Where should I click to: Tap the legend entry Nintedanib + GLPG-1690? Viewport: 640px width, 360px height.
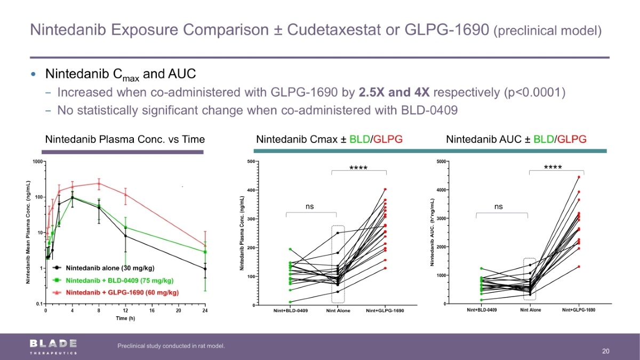coord(122,292)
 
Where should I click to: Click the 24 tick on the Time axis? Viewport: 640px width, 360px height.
coord(205,310)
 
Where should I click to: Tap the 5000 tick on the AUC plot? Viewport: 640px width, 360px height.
coord(441,162)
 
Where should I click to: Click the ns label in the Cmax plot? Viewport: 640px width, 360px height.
coord(309,206)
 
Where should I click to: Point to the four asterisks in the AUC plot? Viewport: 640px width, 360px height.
coord(553,167)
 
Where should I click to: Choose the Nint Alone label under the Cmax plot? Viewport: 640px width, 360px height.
coord(338,311)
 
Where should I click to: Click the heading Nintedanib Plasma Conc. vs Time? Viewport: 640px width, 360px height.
coord(125,140)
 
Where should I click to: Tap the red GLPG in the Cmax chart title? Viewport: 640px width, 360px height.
coord(388,140)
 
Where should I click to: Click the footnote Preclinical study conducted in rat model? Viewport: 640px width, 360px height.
coord(171,346)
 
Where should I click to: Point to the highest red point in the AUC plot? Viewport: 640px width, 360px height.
coord(579,177)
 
